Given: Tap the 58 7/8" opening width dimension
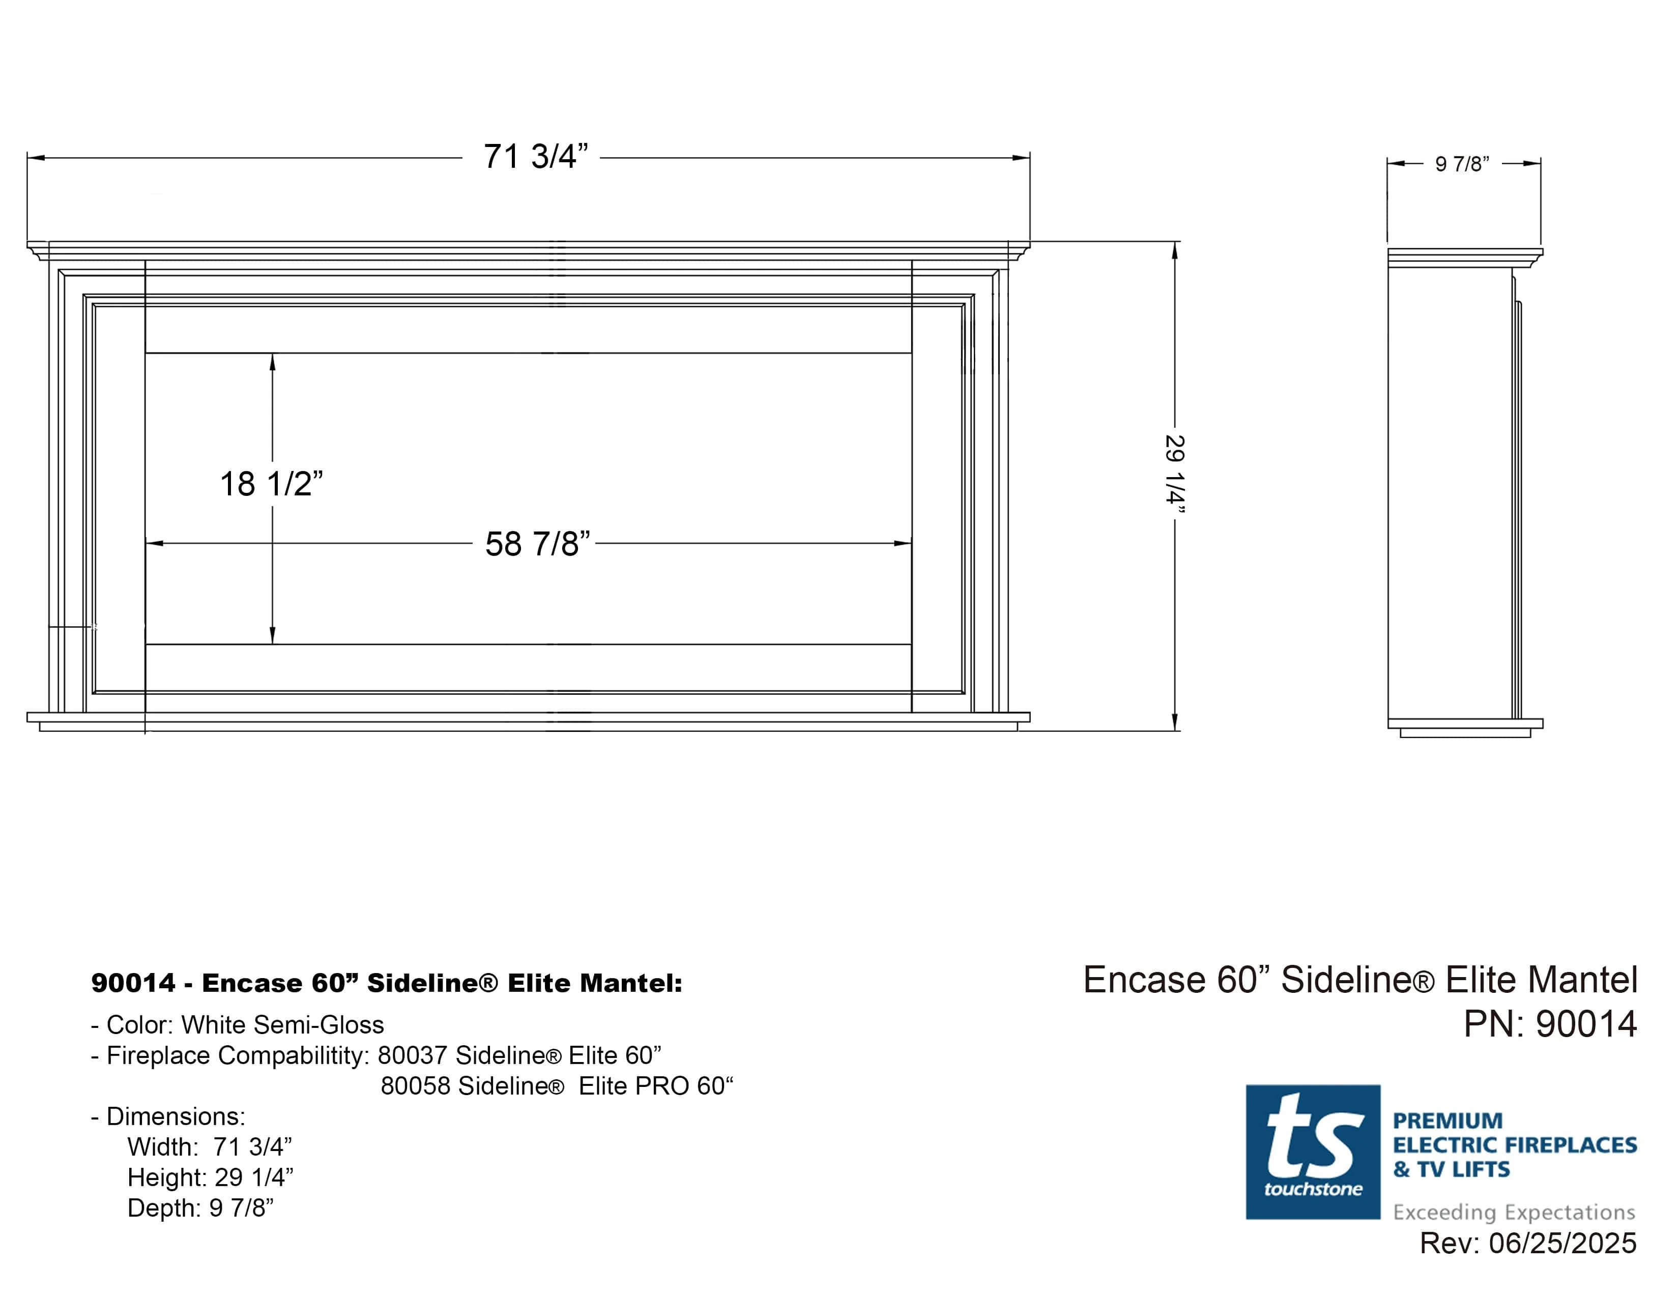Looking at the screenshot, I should [x=537, y=544].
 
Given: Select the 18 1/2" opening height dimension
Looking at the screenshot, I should [x=271, y=484].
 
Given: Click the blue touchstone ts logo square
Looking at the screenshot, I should [x=1312, y=1152].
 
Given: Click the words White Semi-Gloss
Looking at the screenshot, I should [x=282, y=1025].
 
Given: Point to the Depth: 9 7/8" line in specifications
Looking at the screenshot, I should [x=200, y=1208].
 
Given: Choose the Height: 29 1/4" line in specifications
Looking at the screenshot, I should [x=210, y=1177].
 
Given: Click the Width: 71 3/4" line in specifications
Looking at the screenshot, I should [x=209, y=1147].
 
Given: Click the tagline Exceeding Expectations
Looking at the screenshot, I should [x=1514, y=1212].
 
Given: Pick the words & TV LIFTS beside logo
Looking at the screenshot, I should [x=1452, y=1169].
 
